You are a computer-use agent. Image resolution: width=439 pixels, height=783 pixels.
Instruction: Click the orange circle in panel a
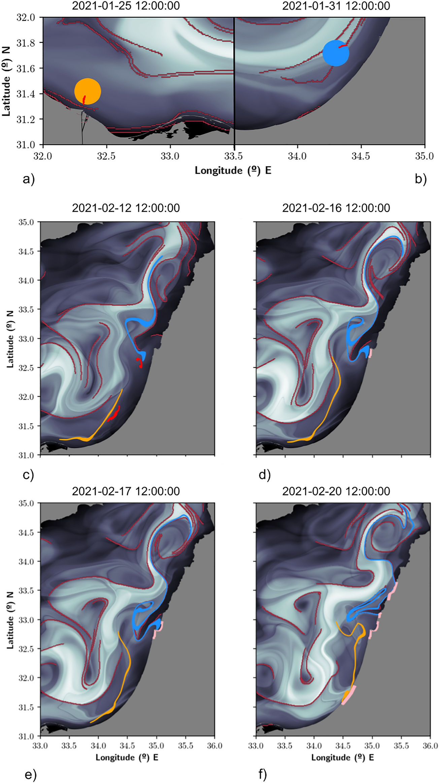[x=88, y=91]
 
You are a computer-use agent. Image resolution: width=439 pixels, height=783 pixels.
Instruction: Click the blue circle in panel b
[x=336, y=53]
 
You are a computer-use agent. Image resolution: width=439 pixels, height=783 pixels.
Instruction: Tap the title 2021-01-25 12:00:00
[x=126, y=6]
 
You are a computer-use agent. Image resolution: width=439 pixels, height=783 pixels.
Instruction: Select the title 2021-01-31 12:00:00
[x=336, y=6]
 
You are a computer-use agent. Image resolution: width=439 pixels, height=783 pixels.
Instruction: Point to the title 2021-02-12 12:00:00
[x=126, y=208]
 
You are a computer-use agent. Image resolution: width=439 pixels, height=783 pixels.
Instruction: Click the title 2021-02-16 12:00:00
[x=336, y=208]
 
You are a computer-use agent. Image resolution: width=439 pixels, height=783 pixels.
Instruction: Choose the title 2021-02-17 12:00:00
[x=126, y=491]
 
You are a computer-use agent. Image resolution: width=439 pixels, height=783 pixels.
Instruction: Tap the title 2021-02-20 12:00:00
[x=336, y=491]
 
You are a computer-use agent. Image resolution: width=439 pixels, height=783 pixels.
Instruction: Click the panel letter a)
[x=29, y=179]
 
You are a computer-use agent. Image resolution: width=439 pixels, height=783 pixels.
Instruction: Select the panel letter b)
[x=421, y=179]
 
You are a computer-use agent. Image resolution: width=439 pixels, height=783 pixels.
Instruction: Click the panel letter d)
[x=265, y=475]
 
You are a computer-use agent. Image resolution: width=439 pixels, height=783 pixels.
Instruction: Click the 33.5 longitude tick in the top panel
[x=234, y=156]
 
